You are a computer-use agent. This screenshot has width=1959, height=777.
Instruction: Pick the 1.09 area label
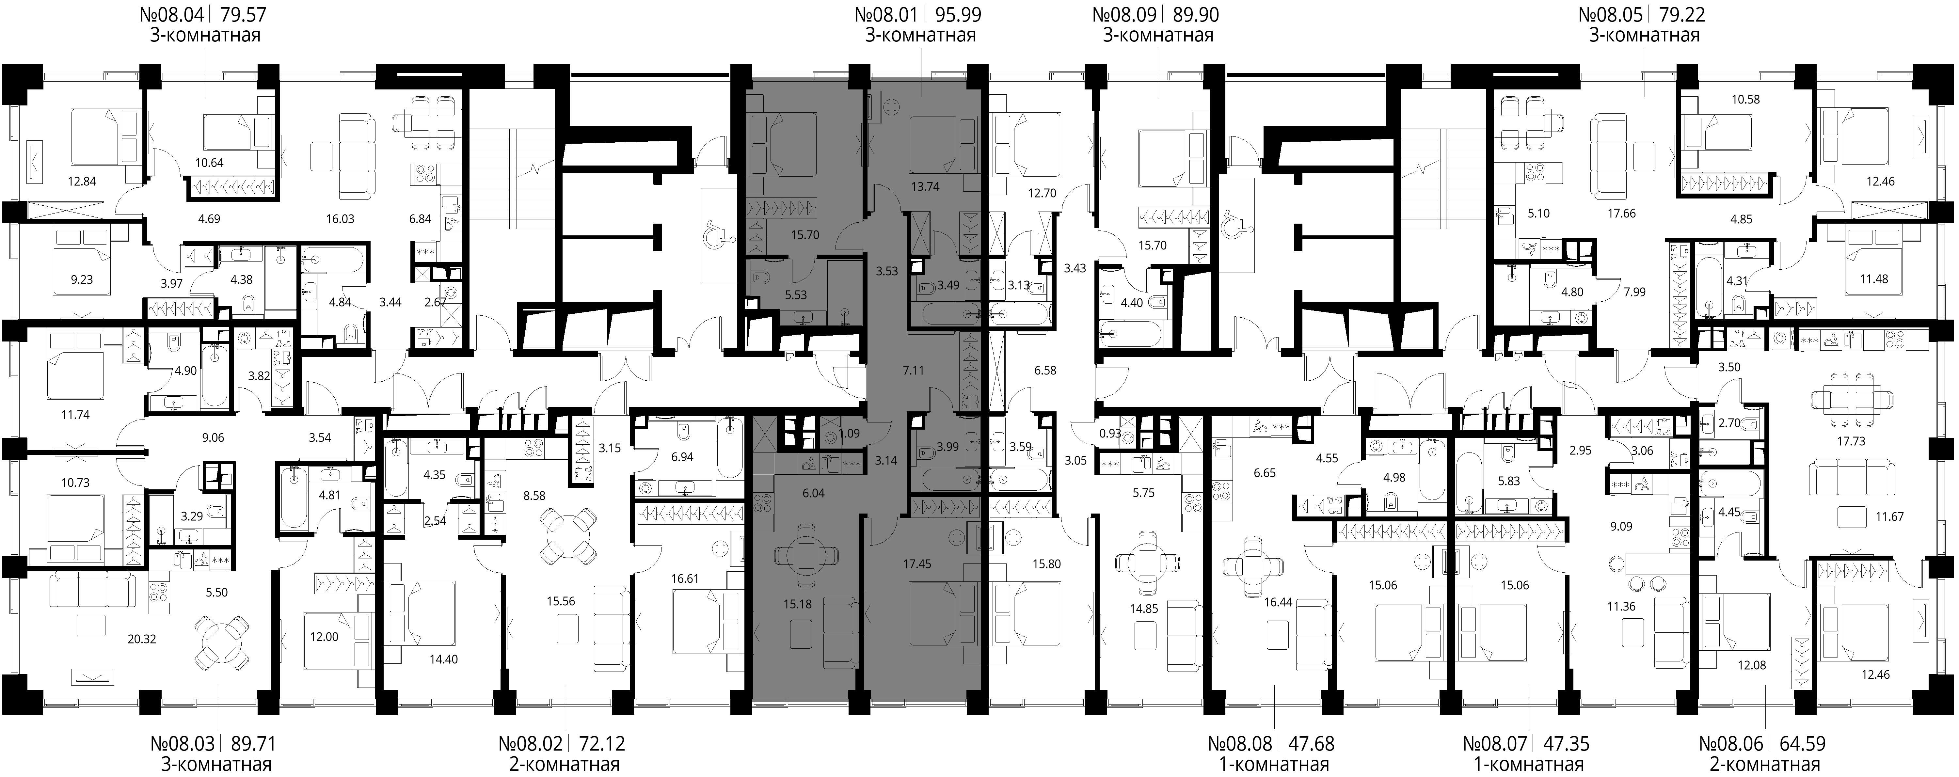pos(849,434)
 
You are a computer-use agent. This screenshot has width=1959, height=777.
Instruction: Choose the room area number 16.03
pos(340,219)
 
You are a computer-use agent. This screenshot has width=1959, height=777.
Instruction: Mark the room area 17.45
pos(917,564)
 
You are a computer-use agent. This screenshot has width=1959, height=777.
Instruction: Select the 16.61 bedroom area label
pos(685,579)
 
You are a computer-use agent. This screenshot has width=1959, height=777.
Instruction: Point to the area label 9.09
pos(1621,526)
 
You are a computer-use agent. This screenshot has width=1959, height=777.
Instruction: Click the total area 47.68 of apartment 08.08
pos(1310,743)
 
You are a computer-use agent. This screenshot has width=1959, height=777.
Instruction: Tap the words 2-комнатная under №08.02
pos(564,764)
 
